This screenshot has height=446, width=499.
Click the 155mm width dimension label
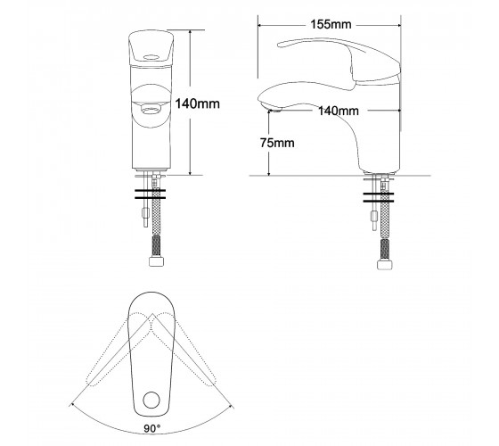point(331,24)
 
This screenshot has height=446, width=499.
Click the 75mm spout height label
point(277,143)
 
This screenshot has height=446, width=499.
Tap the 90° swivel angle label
point(152,428)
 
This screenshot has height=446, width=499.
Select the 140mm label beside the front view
point(197,103)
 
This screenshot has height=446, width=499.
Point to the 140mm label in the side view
point(339,111)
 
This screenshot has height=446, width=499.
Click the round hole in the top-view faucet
point(151,401)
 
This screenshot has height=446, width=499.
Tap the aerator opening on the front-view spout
point(151,111)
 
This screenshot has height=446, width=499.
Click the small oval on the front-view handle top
point(151,57)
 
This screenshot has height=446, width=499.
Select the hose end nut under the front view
point(156,261)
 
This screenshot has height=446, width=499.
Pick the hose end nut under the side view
point(385,265)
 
